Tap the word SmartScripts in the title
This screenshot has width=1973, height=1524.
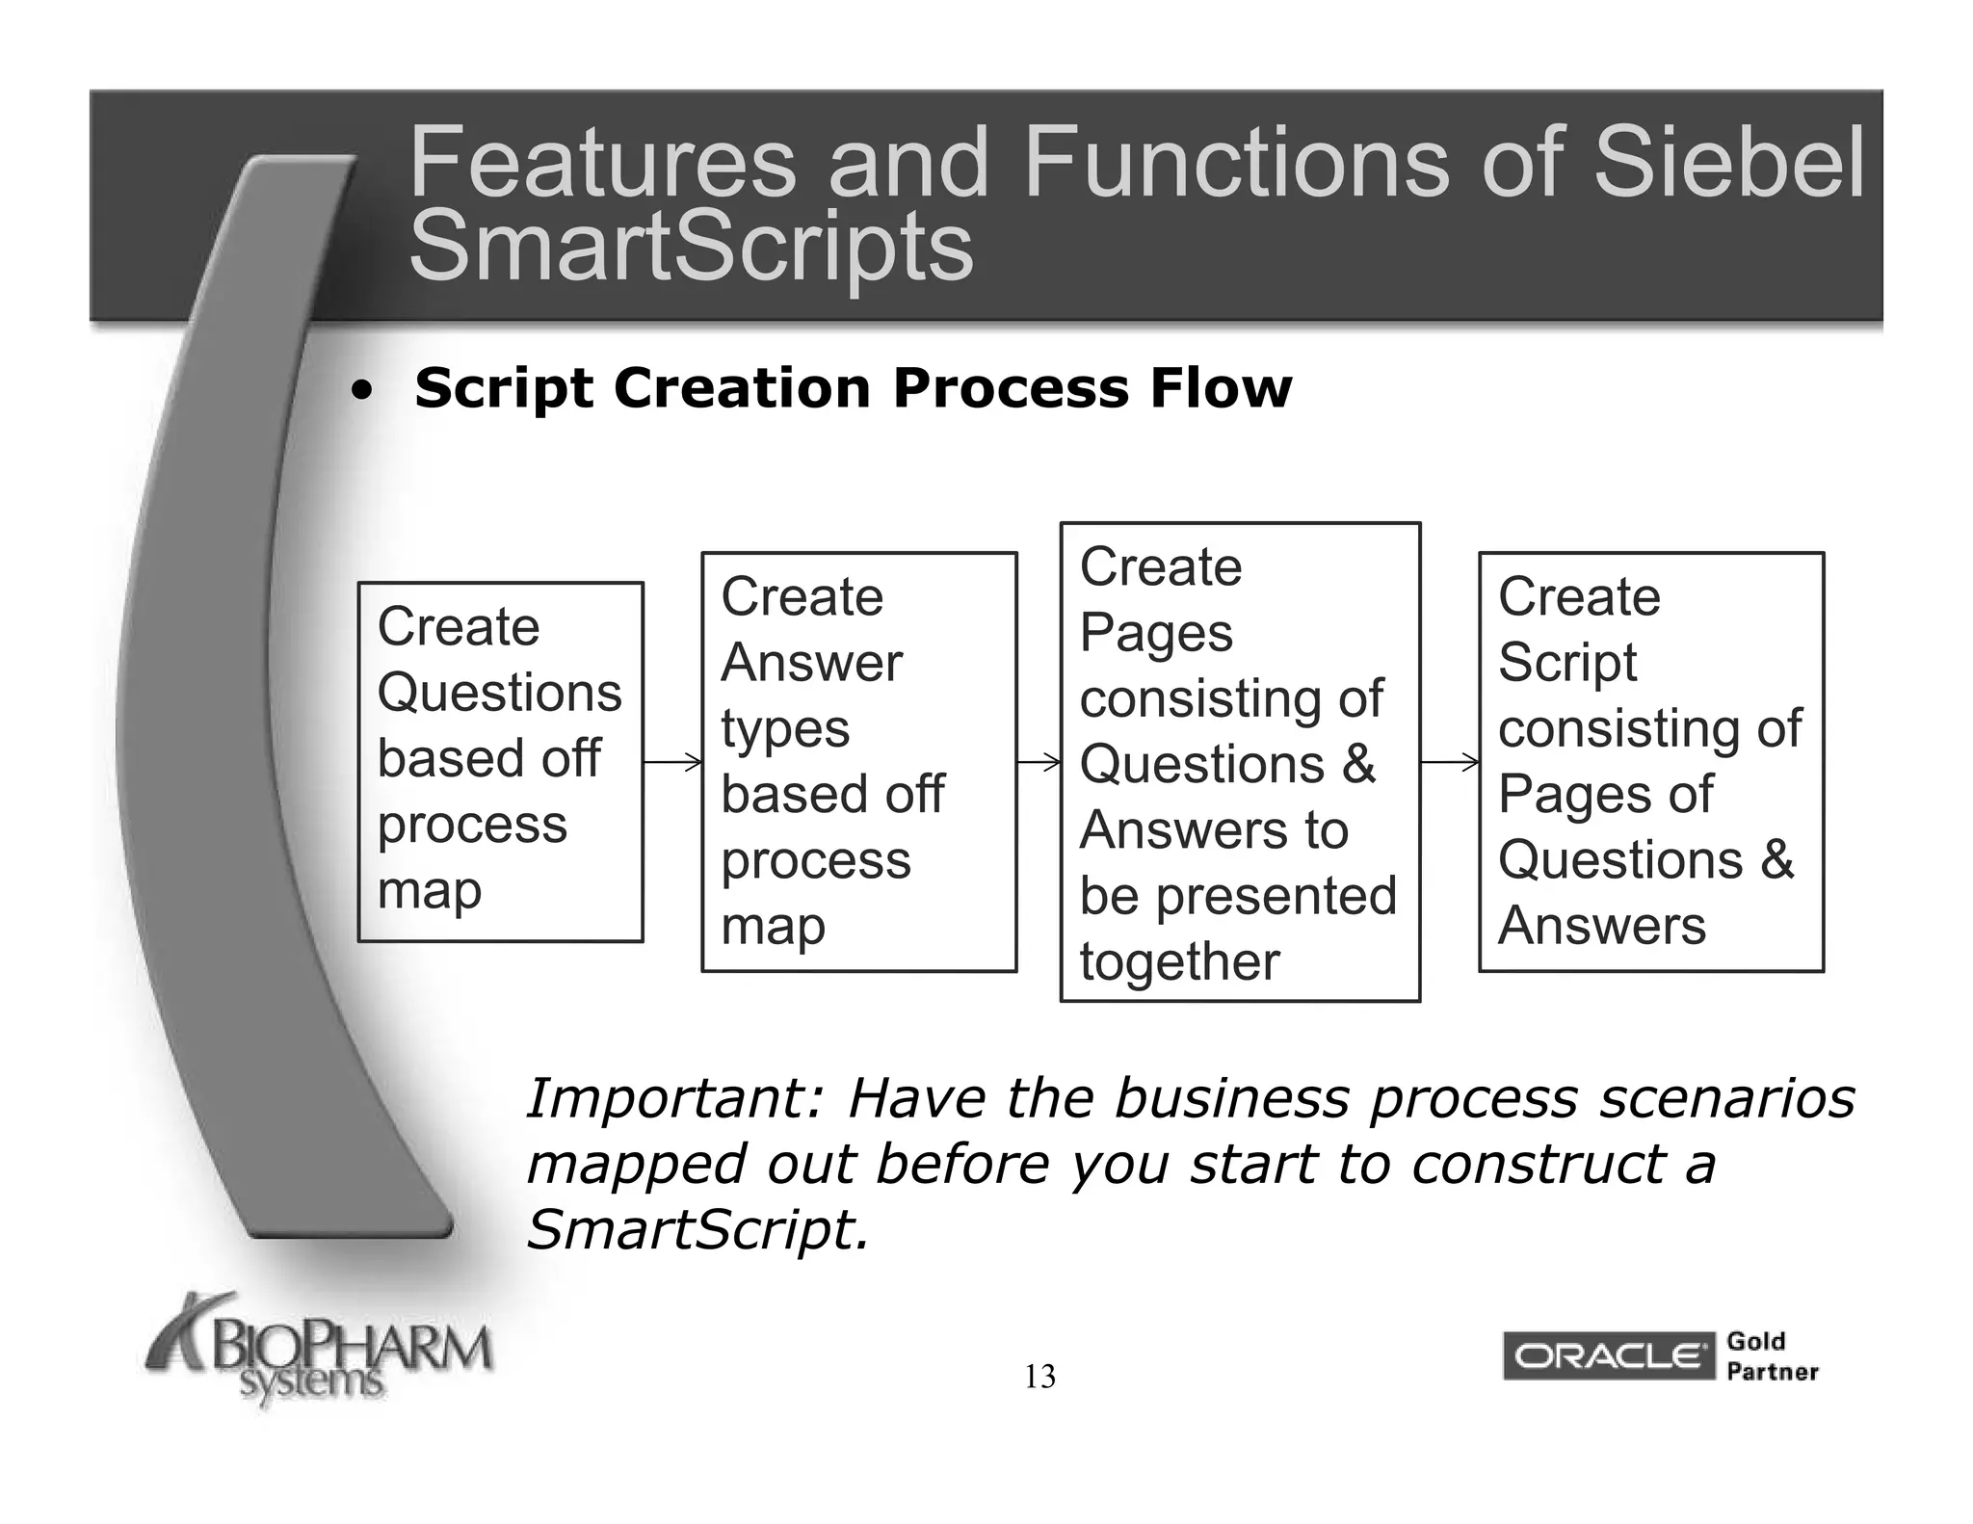tap(691, 247)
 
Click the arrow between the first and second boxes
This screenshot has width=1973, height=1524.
tap(672, 762)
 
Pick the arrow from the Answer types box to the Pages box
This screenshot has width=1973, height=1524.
tap(1039, 763)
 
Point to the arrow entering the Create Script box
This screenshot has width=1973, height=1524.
tap(1450, 763)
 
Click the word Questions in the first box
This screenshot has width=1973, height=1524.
tap(499, 693)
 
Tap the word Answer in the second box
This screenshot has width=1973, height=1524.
tap(811, 663)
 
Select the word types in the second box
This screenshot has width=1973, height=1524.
tap(785, 729)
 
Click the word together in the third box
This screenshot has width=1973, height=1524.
tap(1179, 962)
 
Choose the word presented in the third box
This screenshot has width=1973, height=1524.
tap(1276, 896)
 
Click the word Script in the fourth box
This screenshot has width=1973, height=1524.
tap(1567, 663)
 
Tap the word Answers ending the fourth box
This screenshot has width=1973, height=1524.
tap(1601, 926)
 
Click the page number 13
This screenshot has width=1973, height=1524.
tap(1039, 1377)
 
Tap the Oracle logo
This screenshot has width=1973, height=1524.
tap(1607, 1356)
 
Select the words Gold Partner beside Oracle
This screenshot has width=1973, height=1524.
tap(1771, 1356)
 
